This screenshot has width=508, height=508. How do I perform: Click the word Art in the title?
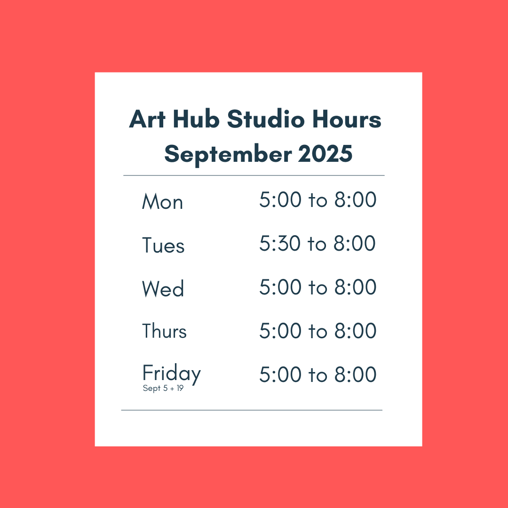click(147, 119)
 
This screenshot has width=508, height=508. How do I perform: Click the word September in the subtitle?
click(228, 155)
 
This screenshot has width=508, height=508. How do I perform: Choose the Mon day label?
click(162, 201)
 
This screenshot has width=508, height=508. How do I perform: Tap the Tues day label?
click(163, 245)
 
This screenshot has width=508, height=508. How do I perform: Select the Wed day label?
click(163, 288)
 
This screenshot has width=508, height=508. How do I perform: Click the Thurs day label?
click(164, 331)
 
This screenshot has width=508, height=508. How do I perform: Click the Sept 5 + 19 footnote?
click(163, 388)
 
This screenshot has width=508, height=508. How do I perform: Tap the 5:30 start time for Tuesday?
click(280, 243)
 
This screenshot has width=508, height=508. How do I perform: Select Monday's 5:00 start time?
click(280, 199)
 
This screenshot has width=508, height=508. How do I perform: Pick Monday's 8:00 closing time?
click(356, 199)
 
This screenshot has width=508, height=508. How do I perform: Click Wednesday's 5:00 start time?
click(280, 287)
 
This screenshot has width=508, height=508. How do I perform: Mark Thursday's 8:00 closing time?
click(356, 331)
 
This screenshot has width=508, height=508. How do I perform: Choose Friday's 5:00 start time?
click(280, 374)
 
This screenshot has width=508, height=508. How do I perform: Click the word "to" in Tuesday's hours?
click(317, 244)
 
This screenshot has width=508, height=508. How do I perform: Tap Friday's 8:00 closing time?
click(356, 374)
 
